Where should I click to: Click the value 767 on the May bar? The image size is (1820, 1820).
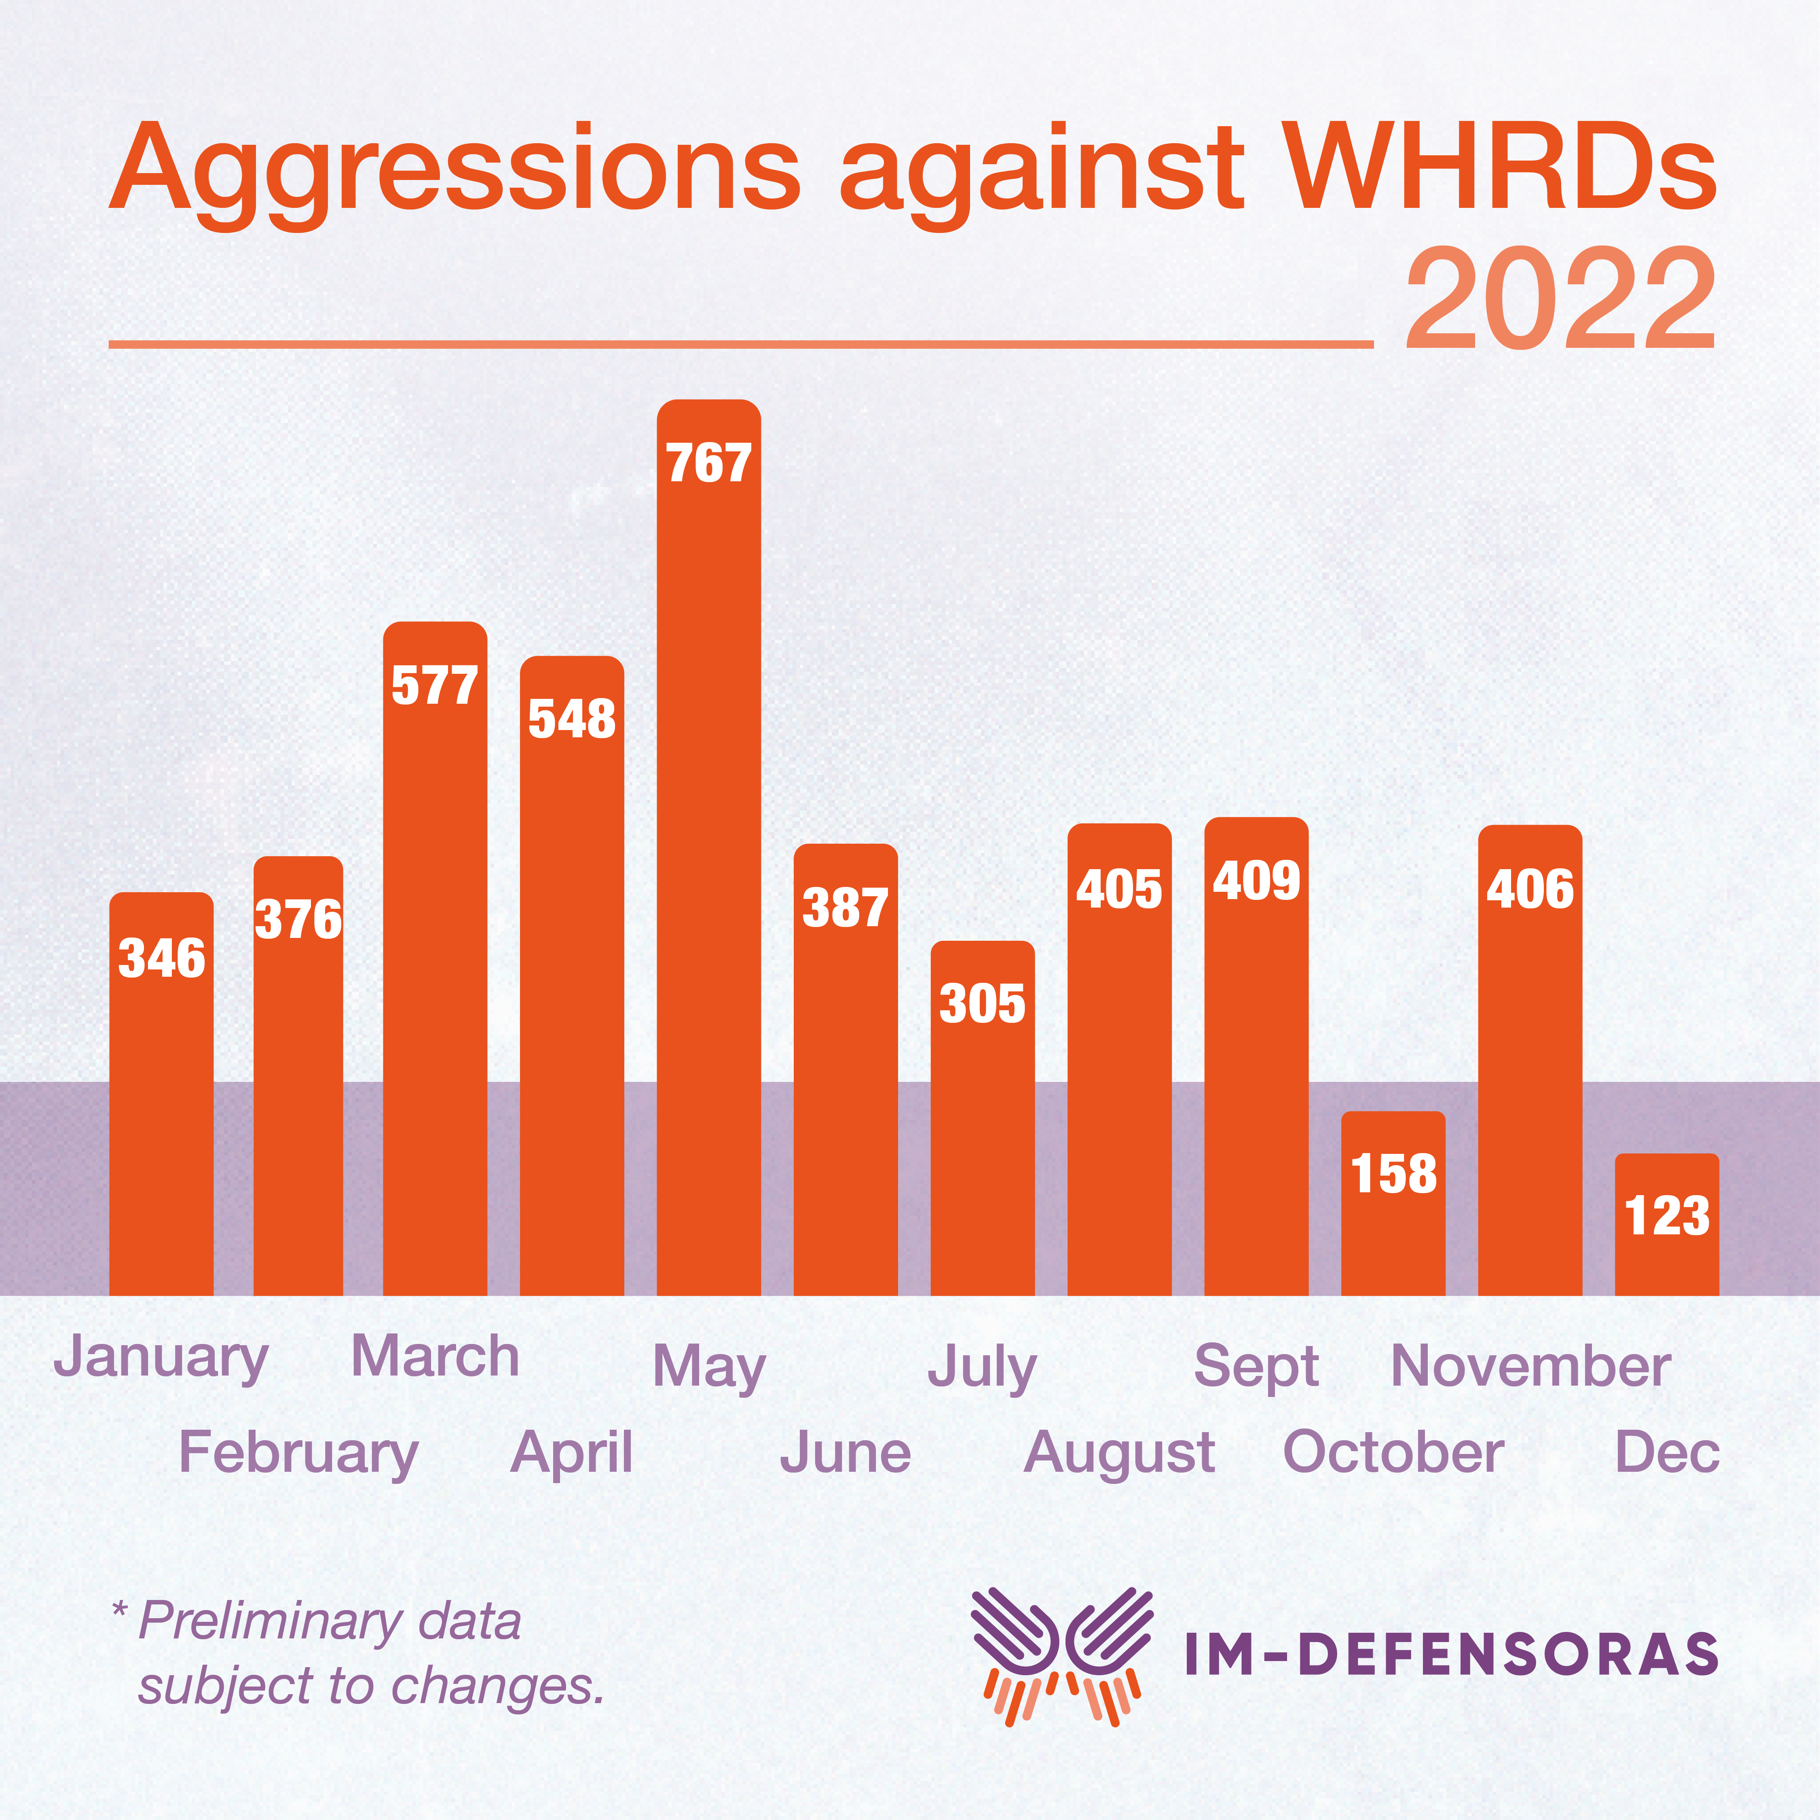pos(708,463)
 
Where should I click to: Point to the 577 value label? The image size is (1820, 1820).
pos(434,685)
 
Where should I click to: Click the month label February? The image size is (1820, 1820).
pos(299,1453)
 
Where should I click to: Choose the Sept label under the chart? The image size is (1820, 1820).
pos(1256,1366)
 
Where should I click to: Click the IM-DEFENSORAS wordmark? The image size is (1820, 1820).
pos(1451,1655)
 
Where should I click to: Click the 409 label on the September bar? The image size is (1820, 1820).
pos(1256,881)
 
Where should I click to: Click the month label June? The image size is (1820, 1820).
pos(845,1453)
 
